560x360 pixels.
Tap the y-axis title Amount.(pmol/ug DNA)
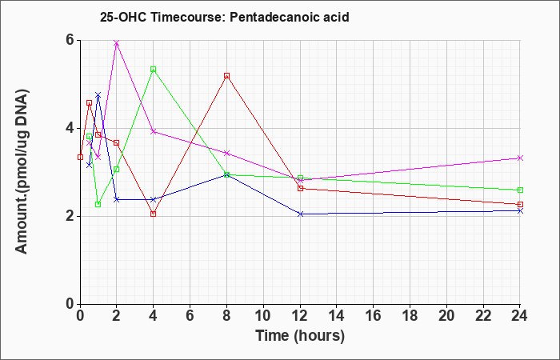(x=22, y=171)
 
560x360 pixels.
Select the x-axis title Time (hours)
(x=300, y=336)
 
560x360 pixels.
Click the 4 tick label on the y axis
(x=70, y=128)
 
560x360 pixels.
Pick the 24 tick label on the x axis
(x=519, y=315)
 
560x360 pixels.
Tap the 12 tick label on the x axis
(x=300, y=315)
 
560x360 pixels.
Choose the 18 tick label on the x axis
(x=410, y=315)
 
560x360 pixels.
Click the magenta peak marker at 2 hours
(x=117, y=43)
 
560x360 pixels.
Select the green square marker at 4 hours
(x=154, y=70)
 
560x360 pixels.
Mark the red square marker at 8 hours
(x=226, y=76)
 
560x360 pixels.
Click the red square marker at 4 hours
(x=154, y=214)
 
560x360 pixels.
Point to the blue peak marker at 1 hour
(x=98, y=95)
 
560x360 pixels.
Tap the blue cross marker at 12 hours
(x=300, y=214)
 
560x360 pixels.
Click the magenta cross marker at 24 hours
(x=520, y=158)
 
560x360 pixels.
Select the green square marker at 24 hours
(x=520, y=190)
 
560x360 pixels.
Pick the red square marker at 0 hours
(x=80, y=157)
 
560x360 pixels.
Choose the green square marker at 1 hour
(x=98, y=204)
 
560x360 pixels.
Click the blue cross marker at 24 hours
(x=520, y=211)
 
